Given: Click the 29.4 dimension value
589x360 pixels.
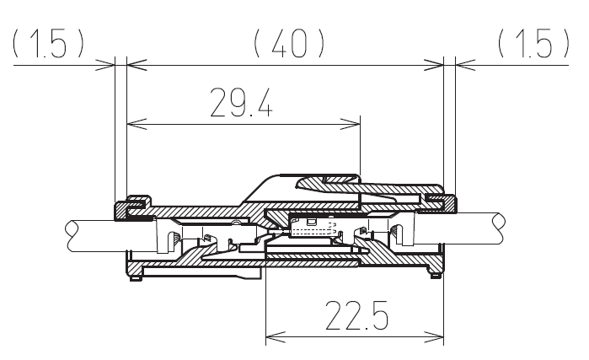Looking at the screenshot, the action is pos(241,103).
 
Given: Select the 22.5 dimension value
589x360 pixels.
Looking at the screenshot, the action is pos(356,315).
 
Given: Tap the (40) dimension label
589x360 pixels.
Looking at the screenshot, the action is pos(289,44).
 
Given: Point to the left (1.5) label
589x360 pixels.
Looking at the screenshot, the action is pos(49,44).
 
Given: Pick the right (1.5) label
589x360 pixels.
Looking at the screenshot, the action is pos(533,44).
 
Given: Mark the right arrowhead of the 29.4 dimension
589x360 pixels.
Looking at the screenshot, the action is pos(351,124).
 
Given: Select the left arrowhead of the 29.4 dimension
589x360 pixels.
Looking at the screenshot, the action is pos(137,124).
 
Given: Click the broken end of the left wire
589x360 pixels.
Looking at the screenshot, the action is pos(72,235).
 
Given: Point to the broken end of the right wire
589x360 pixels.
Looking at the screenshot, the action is pos(500,228).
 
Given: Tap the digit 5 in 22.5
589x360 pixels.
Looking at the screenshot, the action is pos(379,315).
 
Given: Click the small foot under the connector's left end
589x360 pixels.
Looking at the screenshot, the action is pos(136,278).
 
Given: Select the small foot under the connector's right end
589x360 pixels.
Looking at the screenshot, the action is pos(435,277).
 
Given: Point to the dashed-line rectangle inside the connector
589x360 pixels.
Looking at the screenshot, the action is pos(313,228).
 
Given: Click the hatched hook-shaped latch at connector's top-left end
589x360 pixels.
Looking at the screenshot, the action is pos(132,206).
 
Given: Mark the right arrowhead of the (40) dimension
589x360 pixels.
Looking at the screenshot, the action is pos(434,65).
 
